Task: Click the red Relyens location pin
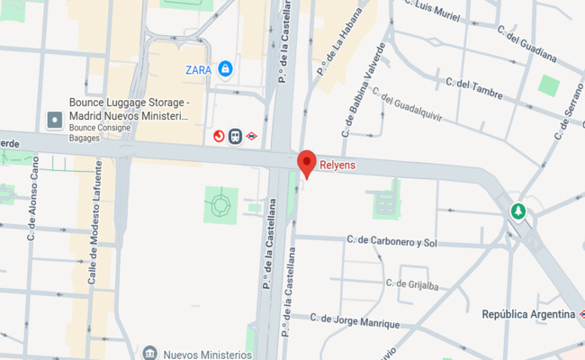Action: coord(307,162)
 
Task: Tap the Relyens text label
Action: coord(338,166)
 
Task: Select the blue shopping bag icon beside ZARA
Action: coord(225,67)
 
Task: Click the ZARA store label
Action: coord(198,68)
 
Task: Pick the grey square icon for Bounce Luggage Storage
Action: coord(55,119)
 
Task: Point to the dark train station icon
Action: coord(235,136)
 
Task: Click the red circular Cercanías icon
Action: coord(219,136)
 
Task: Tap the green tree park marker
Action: coord(517,212)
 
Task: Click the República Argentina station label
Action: coord(527,314)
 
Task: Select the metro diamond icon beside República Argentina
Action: coord(582,314)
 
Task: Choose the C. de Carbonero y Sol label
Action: coord(391,242)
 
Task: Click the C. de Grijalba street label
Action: coord(412,284)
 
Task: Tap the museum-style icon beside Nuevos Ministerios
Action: coord(149,352)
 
